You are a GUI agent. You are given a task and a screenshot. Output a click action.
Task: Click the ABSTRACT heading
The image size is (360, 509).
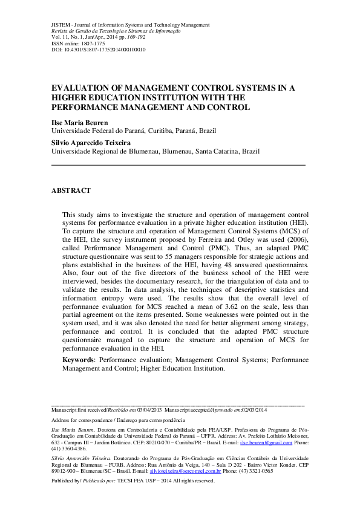click(71, 190)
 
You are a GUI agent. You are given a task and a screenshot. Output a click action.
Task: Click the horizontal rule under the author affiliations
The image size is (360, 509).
click(178, 164)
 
